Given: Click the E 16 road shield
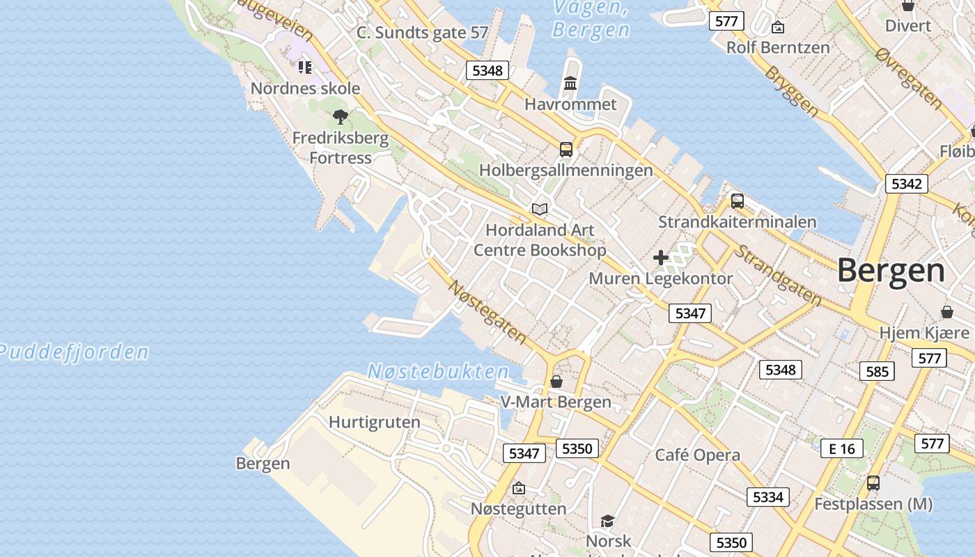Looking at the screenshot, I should (x=841, y=448).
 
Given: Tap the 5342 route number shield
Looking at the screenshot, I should (x=906, y=184).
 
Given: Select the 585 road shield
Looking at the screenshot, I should (x=877, y=371).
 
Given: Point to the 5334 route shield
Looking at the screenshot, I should (x=768, y=497).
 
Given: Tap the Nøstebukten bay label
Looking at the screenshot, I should (x=438, y=371).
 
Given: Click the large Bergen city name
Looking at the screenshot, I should (x=891, y=270).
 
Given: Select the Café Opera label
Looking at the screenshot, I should (x=697, y=455).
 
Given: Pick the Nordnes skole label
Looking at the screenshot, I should (x=305, y=88).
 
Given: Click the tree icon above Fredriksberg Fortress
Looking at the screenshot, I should (x=340, y=116).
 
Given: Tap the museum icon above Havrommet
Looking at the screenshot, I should (x=570, y=84).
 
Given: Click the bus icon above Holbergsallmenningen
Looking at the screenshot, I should (x=565, y=149).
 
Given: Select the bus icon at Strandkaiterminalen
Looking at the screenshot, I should (x=737, y=201).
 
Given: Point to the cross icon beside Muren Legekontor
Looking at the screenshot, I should (x=660, y=258).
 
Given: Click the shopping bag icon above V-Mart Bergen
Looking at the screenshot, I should (x=556, y=382).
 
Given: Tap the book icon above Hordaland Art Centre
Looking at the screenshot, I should (x=540, y=208).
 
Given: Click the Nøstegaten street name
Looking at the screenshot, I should (x=487, y=311).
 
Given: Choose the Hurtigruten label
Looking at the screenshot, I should (x=374, y=422).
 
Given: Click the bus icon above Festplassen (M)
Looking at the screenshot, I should (x=873, y=483).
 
